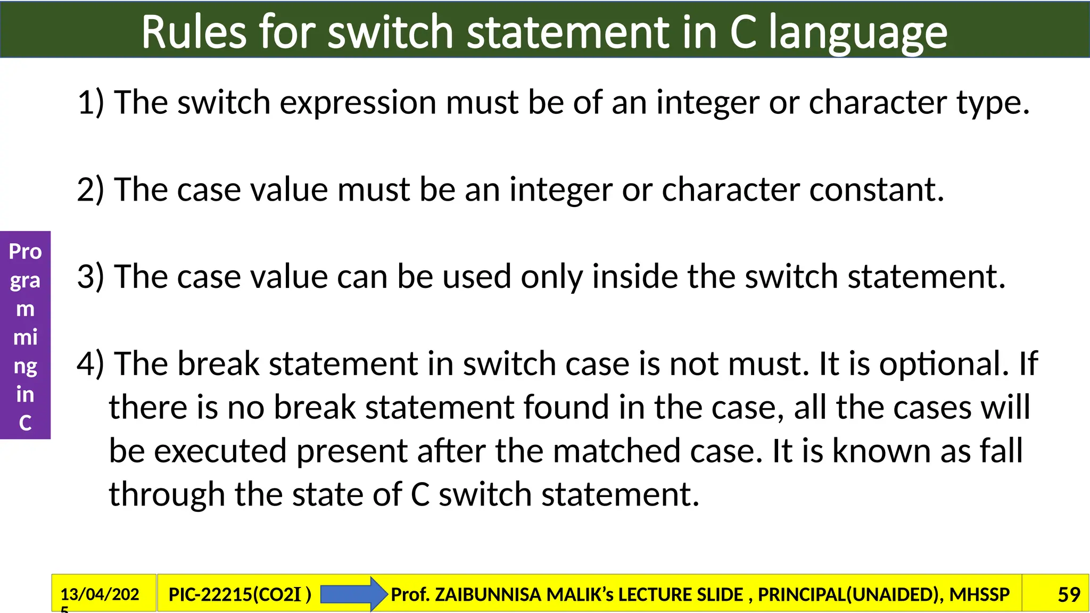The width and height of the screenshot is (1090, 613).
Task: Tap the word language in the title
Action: [x=858, y=33]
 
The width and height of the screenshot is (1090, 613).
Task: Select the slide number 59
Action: [x=1069, y=594]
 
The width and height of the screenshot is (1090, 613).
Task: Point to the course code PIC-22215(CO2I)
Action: [x=240, y=594]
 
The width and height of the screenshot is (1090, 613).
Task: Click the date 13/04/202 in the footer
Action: [x=100, y=594]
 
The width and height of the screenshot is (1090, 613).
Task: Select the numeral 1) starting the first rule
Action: [x=90, y=102]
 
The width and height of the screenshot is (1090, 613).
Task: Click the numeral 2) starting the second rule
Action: [x=90, y=189]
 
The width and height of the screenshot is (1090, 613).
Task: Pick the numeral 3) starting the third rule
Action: [x=90, y=277]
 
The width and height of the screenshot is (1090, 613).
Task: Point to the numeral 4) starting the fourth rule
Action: [x=90, y=364]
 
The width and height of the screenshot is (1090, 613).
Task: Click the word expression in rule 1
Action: [x=358, y=103]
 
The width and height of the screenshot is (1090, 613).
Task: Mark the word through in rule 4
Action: [x=167, y=495]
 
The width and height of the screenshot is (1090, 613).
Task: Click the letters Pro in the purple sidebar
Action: [x=25, y=251]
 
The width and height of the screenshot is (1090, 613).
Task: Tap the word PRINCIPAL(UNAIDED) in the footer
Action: [x=848, y=594]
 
